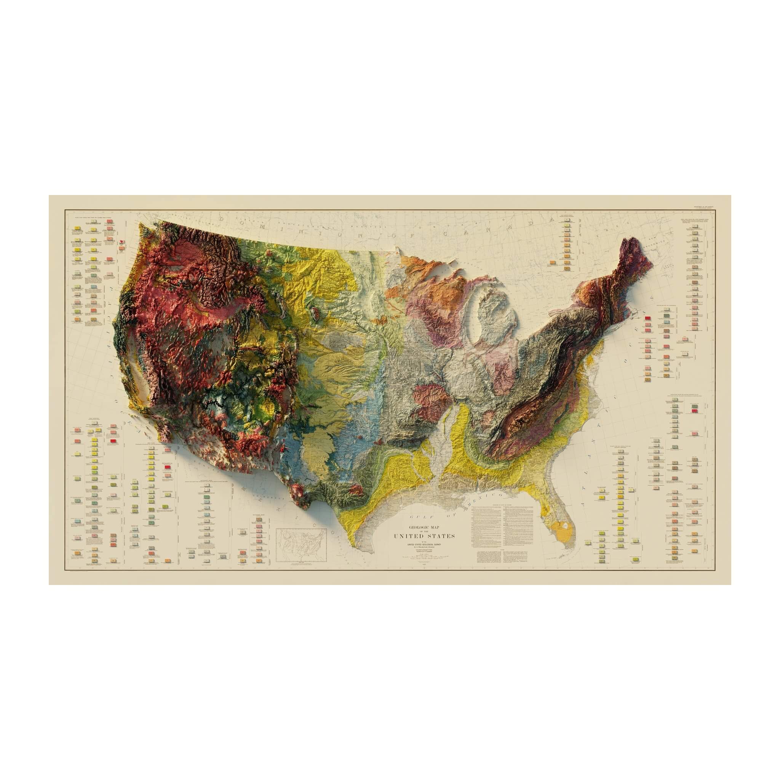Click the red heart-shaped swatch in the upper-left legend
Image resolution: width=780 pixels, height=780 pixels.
[121, 242]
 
